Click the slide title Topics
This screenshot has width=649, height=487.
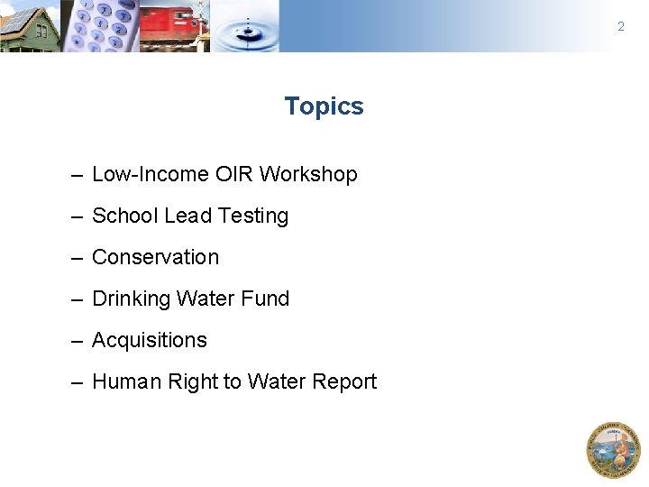[324, 106]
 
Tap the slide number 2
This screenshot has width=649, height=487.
[620, 27]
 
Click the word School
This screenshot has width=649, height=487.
[125, 216]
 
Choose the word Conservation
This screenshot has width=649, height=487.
[155, 258]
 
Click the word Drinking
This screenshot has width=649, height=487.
[131, 299]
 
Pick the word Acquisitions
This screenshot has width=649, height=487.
[150, 341]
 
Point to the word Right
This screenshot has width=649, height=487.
[196, 382]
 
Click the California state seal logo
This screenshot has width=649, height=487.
[613, 449]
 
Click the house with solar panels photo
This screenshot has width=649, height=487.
[29, 26]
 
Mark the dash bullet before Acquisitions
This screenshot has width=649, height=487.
[78, 341]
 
